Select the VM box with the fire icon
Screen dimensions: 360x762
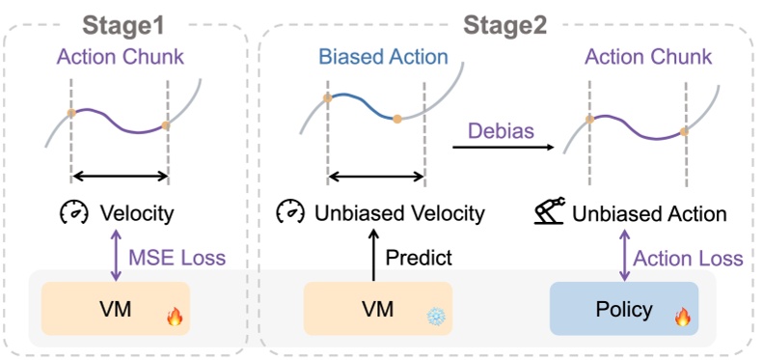point(115,310)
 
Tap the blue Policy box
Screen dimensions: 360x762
point(622,310)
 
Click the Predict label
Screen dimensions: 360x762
point(418,258)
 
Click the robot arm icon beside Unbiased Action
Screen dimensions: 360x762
point(552,210)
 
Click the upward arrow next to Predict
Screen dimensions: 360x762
point(374,258)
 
